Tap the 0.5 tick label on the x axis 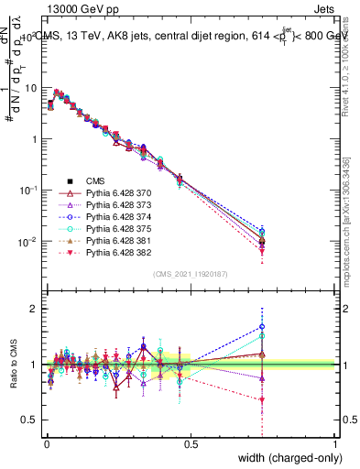click(x=191, y=444)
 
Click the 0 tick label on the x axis click(x=46, y=444)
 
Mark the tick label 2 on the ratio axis click(x=35, y=309)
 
